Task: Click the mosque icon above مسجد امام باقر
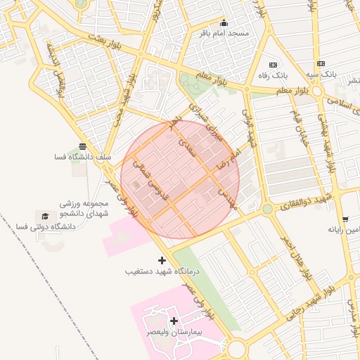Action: pyautogui.click(x=224, y=22)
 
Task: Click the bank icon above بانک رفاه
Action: pyautogui.click(x=273, y=65)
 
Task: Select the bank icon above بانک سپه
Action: pyautogui.click(x=321, y=63)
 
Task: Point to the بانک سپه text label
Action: pyautogui.click(x=321, y=74)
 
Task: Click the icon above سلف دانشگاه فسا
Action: pyautogui.click(x=83, y=146)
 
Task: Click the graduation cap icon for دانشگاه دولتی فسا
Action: pyautogui.click(x=46, y=216)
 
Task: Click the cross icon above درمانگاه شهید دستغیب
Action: pyautogui.click(x=162, y=260)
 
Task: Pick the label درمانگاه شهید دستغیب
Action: pyautogui.click(x=162, y=271)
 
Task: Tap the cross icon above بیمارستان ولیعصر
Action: pyautogui.click(x=174, y=321)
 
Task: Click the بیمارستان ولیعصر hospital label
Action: pyautogui.click(x=173, y=331)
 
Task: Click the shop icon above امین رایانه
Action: pyautogui.click(x=345, y=219)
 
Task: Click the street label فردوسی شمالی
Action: pyautogui.click(x=148, y=184)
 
